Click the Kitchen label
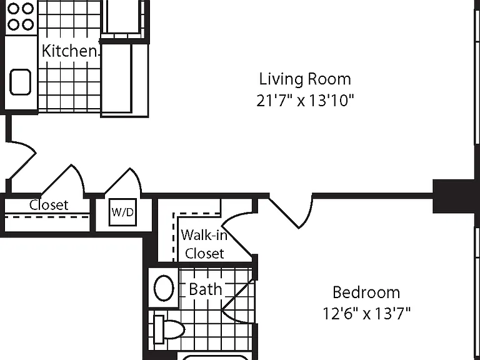coord(69,51)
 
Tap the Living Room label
coord(305,79)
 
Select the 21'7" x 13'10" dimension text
coord(305,101)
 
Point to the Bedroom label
coord(366,292)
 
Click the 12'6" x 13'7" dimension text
coord(366,314)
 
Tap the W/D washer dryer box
coord(122,212)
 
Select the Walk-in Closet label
coord(204,244)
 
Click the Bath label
coord(206,289)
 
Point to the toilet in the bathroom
coord(169,329)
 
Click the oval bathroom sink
coord(164,288)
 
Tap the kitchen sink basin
coord(21,82)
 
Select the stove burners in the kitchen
coord(21,17)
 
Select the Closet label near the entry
coord(49,205)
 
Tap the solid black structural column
coord(456,196)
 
